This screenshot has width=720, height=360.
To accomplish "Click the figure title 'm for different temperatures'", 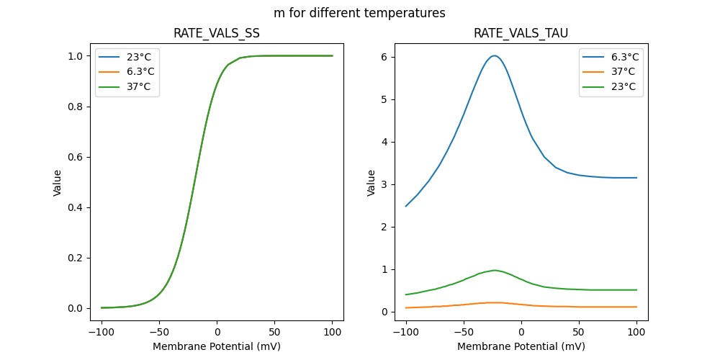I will [359, 13].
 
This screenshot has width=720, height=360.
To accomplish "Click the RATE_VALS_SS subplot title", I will [217, 34].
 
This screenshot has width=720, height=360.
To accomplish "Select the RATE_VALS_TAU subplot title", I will [521, 34].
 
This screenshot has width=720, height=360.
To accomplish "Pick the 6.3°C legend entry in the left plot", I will [127, 71].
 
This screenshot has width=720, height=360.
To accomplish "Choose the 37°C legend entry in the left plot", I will [127, 86].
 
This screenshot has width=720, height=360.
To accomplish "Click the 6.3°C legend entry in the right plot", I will [611, 57].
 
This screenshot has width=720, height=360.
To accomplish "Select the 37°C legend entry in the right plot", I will [611, 71].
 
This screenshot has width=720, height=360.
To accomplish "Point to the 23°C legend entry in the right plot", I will [611, 86].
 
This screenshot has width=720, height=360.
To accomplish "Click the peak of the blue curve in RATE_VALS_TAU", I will [494, 55].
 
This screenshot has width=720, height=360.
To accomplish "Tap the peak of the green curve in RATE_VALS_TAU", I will [494, 270].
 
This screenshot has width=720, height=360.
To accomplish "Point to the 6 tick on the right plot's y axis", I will [385, 57].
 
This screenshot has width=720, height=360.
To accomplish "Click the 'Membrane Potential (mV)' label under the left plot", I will [217, 346].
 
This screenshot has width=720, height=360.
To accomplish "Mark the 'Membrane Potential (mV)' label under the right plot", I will [521, 346].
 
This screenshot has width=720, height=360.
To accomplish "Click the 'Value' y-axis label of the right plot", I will [372, 183].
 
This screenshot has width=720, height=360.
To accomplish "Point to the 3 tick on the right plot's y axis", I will [385, 184].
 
